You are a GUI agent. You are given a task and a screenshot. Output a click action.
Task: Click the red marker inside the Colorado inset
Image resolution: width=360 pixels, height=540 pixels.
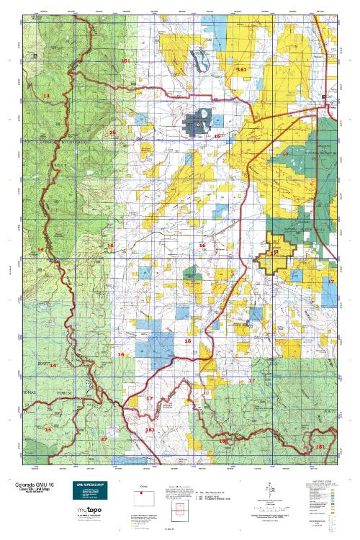tap(141, 492)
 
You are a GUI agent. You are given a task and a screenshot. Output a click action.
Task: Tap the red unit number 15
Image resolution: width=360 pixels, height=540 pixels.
tap(48, 430)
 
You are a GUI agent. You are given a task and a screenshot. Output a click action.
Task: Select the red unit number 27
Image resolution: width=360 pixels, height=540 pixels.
tap(103, 438)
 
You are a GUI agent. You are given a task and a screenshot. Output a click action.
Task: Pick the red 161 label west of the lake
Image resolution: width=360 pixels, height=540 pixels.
tap(125, 61)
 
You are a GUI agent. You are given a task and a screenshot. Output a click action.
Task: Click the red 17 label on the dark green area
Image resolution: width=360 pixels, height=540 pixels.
tap(285, 155)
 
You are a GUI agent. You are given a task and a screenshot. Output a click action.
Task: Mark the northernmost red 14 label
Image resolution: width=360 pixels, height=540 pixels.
tap(46, 96)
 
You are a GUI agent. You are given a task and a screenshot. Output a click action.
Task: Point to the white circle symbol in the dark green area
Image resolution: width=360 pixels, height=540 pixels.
tap(324, 151)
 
